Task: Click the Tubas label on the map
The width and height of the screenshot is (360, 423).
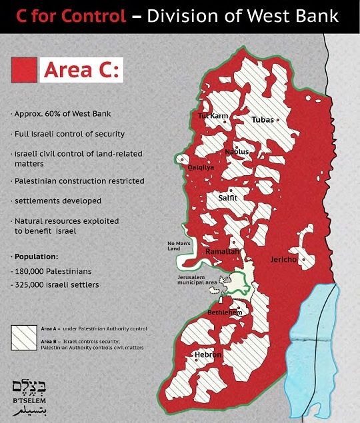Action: tap(263, 120)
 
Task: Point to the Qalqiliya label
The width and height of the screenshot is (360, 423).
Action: tap(201, 167)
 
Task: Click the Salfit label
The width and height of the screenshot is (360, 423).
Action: tap(228, 198)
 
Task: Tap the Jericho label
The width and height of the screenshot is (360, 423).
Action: tap(283, 260)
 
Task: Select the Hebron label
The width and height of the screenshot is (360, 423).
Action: tap(207, 355)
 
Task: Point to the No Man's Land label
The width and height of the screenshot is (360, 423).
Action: tap(179, 246)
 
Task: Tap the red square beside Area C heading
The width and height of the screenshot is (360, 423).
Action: tap(24, 69)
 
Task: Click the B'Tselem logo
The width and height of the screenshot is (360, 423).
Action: tap(27, 396)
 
